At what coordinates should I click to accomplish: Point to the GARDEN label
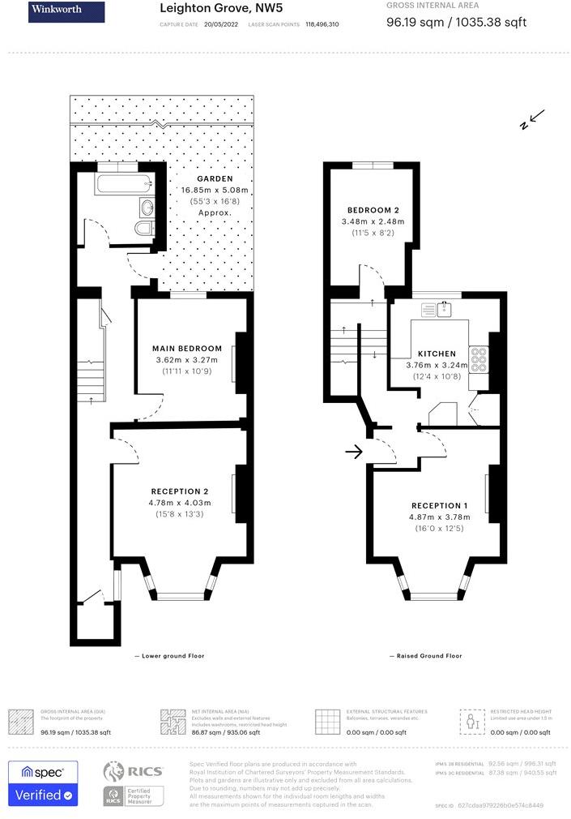pos(215,178)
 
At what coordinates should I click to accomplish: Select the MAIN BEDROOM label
pos(187,349)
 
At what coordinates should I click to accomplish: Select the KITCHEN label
pos(437,354)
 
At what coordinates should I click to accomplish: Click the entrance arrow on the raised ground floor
pos(353,452)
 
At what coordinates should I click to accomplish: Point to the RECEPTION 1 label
pos(440,505)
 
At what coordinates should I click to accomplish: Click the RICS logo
pos(134,771)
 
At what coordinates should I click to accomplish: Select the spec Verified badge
pos(42,783)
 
